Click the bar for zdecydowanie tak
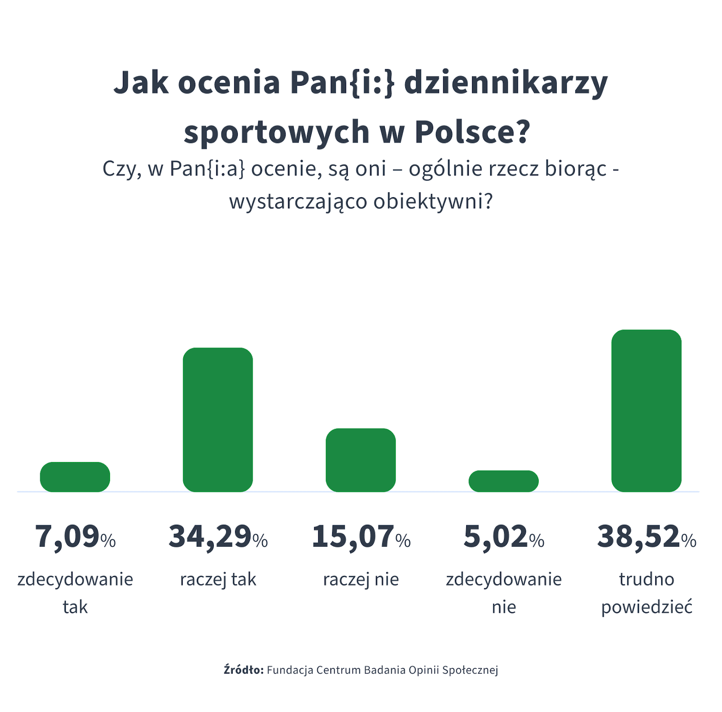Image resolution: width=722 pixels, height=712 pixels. [x=75, y=477]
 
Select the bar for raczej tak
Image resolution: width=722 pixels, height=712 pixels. [x=218, y=420]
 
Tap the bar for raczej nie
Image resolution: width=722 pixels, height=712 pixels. [x=361, y=460]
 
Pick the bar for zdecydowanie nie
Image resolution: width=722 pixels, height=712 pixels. [x=504, y=481]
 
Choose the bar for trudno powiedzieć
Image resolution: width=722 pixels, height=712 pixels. [x=646, y=411]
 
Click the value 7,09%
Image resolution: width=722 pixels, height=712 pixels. [x=75, y=537]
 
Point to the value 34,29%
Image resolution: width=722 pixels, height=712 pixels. [x=218, y=537]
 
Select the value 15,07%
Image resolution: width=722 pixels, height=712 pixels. [x=361, y=537]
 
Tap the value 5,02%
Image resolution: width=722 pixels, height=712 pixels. [x=504, y=537]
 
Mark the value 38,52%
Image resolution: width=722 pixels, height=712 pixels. [x=647, y=537]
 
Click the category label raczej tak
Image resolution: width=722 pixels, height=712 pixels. [x=218, y=579]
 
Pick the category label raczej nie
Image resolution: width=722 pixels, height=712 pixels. [x=361, y=579]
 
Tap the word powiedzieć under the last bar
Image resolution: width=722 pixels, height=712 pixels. [x=647, y=607]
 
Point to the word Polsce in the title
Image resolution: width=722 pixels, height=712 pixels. [x=472, y=132]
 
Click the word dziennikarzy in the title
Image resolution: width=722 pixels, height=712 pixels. [x=506, y=83]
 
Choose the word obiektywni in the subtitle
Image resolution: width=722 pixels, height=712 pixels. [x=432, y=201]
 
